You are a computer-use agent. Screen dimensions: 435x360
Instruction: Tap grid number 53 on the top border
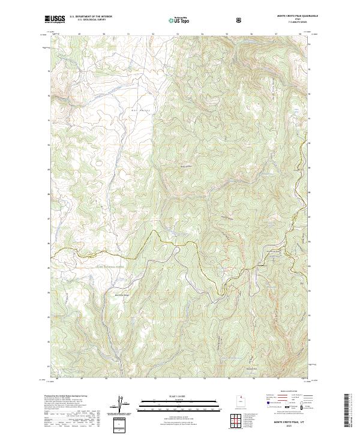(178, 34)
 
